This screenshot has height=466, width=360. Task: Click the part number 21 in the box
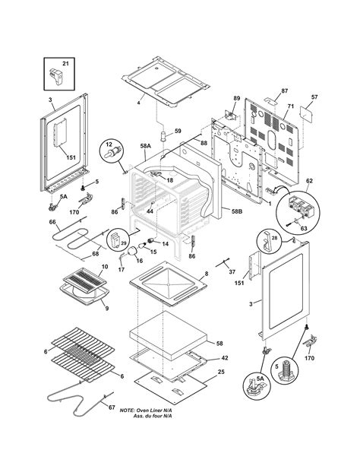[65, 64]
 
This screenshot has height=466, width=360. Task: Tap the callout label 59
[178, 131]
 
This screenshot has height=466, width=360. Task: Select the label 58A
[146, 146]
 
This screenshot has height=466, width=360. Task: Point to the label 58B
[237, 211]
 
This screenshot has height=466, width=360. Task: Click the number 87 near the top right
[285, 91]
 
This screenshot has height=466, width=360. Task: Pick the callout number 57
[314, 97]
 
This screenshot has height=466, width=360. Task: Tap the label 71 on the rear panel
[290, 106]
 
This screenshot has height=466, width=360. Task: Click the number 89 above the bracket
[236, 98]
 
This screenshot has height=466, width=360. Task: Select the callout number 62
[309, 181]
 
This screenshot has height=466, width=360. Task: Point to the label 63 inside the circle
[304, 229]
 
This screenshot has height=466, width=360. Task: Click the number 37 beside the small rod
[232, 271]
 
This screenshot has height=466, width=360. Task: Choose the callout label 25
[221, 372]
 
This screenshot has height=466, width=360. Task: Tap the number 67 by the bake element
[112, 407]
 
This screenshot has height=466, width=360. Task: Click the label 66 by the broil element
[52, 222]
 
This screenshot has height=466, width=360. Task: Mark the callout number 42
[225, 358]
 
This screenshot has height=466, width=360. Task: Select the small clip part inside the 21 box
[56, 75]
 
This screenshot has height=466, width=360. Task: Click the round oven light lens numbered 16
[132, 251]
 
